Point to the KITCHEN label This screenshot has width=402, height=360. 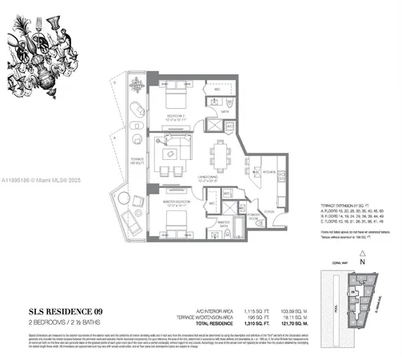(269, 170)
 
